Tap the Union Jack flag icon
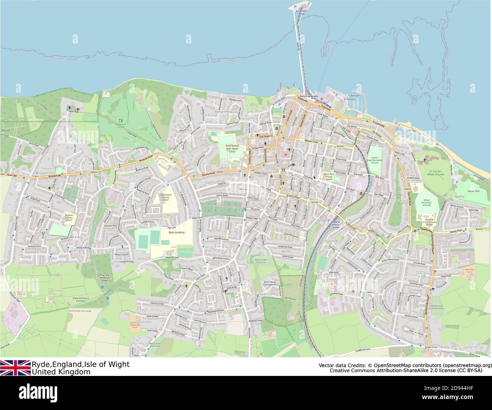[15, 368]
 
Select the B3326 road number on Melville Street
[340, 145]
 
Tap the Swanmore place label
[267, 293]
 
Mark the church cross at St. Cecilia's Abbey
[425, 160]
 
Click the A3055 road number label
[407, 189]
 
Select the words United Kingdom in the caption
[61, 372]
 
